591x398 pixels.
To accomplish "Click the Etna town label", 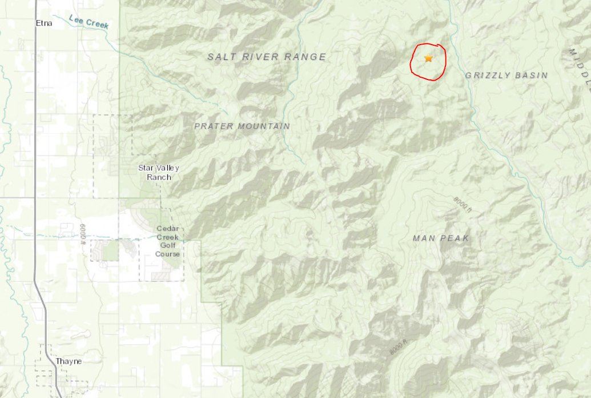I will [43, 23].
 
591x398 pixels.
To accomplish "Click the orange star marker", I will [428, 58].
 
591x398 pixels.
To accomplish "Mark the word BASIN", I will [529, 75].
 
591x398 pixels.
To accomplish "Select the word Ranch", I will [159, 177].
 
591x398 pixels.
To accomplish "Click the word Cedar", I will [168, 229].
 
